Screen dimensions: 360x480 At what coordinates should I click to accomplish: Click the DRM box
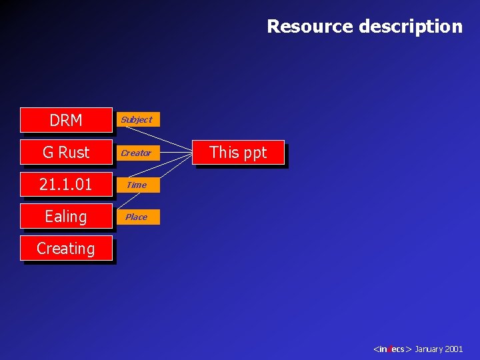click(66, 120)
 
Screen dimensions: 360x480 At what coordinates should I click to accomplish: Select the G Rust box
click(66, 152)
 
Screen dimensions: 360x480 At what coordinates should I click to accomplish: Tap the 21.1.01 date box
click(66, 184)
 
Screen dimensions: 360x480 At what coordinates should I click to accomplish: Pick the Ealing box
click(66, 216)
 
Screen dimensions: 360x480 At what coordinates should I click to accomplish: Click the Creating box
click(66, 248)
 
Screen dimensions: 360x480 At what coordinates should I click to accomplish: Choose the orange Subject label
click(137, 119)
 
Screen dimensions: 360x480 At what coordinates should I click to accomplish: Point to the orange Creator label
click(137, 153)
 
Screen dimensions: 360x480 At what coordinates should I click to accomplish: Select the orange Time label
click(137, 185)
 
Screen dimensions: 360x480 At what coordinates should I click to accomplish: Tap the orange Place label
click(137, 217)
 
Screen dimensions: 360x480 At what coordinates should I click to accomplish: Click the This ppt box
click(238, 152)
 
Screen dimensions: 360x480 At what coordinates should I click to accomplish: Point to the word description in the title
click(411, 26)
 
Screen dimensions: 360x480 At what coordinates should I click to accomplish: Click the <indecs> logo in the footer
click(393, 349)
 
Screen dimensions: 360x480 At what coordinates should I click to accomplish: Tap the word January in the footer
click(429, 349)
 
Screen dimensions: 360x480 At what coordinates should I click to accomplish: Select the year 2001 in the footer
click(454, 349)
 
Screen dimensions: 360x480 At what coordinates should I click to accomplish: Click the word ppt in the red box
click(255, 153)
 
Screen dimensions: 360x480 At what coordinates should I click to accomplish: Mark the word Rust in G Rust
click(73, 152)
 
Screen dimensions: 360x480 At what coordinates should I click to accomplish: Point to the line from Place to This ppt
click(176, 187)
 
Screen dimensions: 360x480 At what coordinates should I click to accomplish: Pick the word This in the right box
click(224, 152)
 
